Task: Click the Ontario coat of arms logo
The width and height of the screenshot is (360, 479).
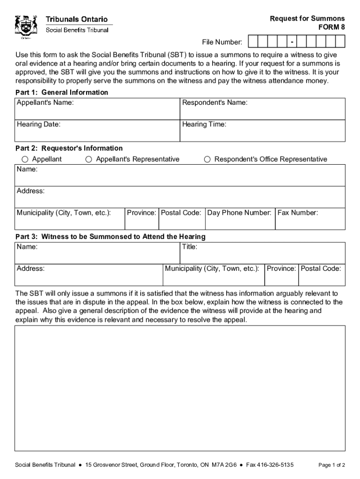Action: (26, 27)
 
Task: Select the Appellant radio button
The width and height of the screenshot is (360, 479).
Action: (28, 160)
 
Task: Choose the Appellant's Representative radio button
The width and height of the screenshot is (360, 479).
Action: (88, 160)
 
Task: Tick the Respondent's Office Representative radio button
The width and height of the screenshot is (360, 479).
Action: (207, 160)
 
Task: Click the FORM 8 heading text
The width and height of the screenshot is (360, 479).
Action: (331, 27)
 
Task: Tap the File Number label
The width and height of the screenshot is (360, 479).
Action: (222, 43)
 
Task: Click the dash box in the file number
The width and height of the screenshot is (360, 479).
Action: (292, 43)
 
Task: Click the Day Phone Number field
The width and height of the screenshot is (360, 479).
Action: (240, 219)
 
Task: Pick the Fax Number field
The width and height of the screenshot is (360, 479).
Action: (310, 219)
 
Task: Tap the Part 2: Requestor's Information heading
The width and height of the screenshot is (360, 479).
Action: (69, 148)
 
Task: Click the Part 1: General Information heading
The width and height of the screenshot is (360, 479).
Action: (62, 93)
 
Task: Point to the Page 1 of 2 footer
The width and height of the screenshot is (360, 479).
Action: (331, 465)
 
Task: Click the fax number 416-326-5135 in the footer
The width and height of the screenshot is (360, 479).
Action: (276, 465)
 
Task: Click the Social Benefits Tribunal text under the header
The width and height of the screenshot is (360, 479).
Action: (77, 30)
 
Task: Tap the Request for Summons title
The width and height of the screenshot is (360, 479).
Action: (307, 19)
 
